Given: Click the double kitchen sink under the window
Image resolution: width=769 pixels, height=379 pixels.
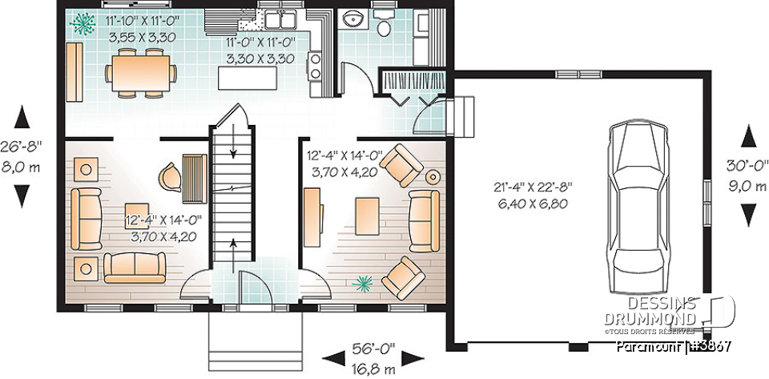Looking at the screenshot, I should (x=280, y=18).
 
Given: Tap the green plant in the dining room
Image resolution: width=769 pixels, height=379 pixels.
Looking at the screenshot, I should (x=81, y=24).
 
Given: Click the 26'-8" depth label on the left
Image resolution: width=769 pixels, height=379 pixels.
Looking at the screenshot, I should (x=22, y=147).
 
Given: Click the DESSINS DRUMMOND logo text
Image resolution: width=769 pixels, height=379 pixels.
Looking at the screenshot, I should (x=671, y=310).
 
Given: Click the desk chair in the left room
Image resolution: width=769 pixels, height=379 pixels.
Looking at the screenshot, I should (x=171, y=175).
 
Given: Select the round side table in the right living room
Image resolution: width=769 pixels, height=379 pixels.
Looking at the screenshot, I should (x=433, y=175).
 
